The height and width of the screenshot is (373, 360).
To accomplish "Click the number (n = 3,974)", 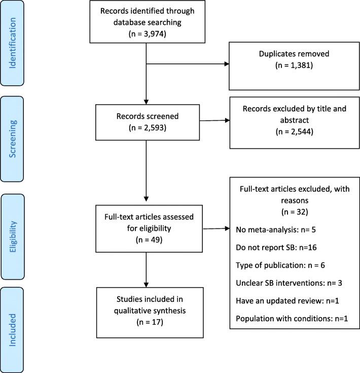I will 146,33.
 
